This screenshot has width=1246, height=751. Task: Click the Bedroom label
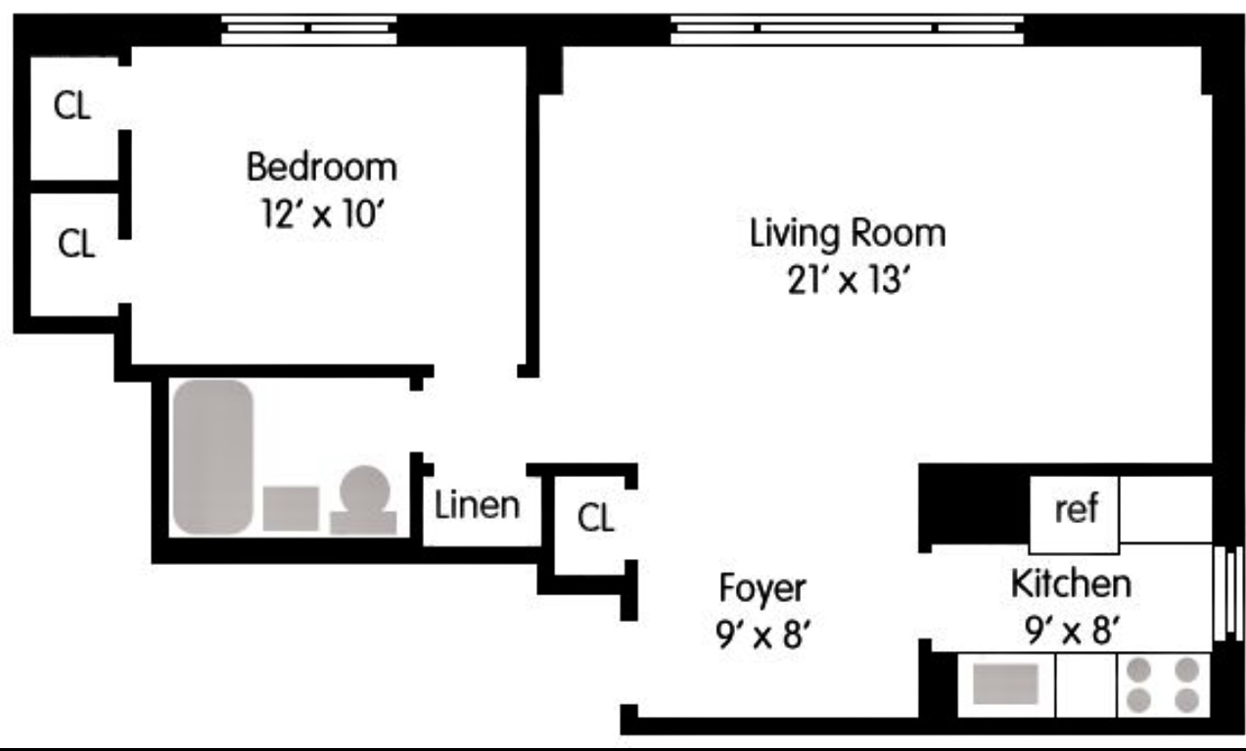click(321, 166)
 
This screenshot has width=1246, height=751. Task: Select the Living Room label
click(848, 234)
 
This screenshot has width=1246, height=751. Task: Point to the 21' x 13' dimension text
click(848, 280)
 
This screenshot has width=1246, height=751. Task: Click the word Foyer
click(762, 588)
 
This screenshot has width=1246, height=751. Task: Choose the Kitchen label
click(1070, 584)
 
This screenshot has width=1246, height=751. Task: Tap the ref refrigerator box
click(1075, 510)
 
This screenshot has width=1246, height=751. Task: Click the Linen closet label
click(477, 506)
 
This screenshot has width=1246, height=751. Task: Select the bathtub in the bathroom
click(212, 456)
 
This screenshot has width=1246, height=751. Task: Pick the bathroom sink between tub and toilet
click(291, 508)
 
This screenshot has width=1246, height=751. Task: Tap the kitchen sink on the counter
click(1005, 682)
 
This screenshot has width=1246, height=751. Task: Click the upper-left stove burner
click(1138, 670)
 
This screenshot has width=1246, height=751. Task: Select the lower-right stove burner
click(1186, 699)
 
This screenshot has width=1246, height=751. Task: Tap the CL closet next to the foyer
click(595, 518)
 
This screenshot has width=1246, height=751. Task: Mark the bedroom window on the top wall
click(308, 29)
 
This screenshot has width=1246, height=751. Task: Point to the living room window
click(848, 29)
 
